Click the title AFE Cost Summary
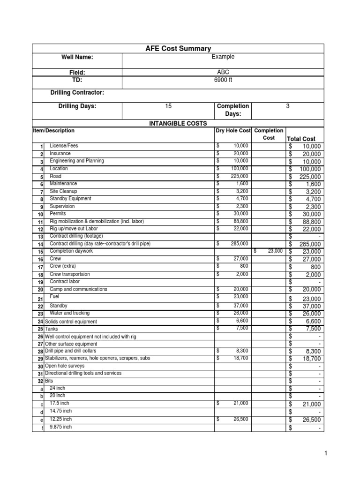tap(179, 48)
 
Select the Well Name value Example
tap(223, 57)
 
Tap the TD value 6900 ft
tap(223, 80)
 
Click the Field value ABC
tap(223, 72)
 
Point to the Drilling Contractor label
tap(77, 93)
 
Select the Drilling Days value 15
tap(168, 106)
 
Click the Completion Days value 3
tap(287, 106)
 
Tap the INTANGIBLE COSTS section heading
tap(178, 123)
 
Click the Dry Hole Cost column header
tap(232, 131)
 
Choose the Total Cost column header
tap(300, 139)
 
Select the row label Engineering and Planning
tap(77, 161)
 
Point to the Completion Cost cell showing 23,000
tap(269, 251)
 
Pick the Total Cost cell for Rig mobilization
tap(305, 222)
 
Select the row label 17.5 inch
tap(60, 403)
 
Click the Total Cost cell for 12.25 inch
tap(305, 420)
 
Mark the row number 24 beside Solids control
tap(40, 322)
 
